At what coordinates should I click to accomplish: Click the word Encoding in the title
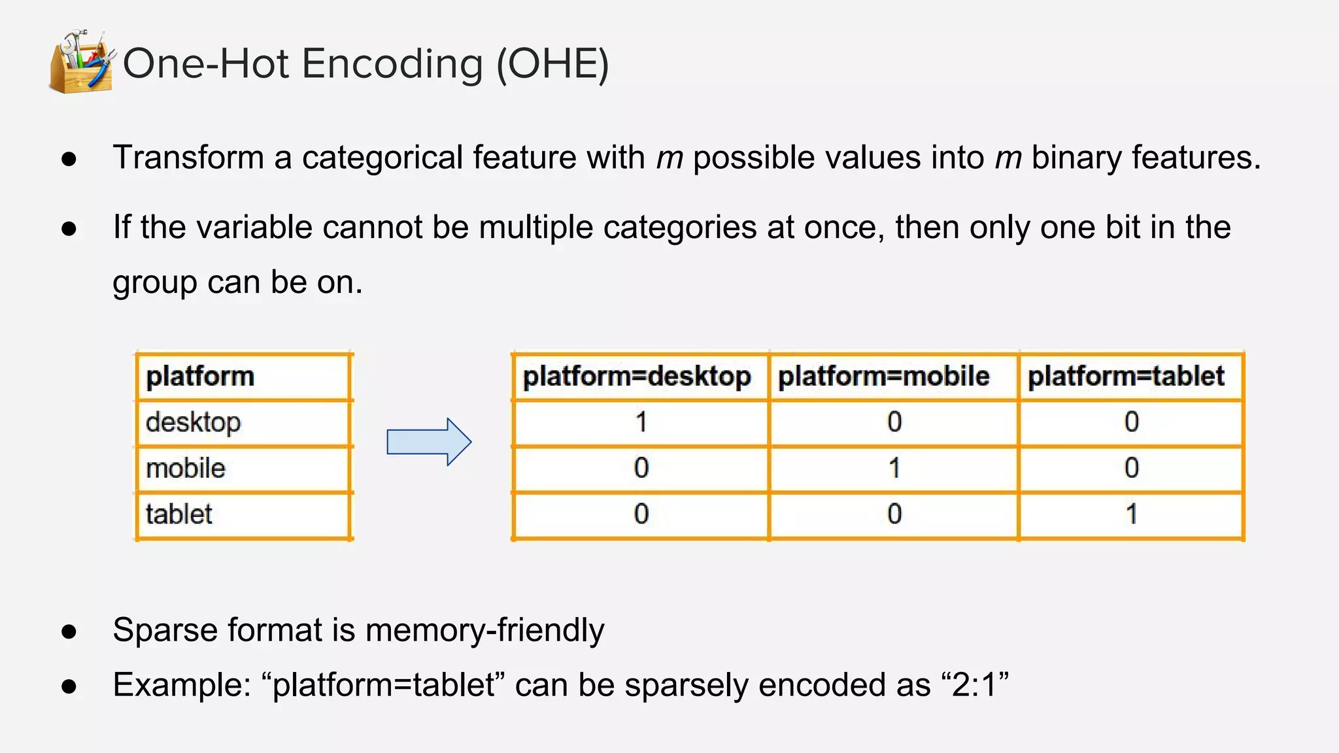392,64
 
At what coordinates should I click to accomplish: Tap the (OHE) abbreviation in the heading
552,64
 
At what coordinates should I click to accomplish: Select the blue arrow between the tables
429,442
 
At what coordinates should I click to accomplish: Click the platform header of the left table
200,376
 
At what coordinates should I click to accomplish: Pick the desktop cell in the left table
193,422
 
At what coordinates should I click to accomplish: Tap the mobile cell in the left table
186,468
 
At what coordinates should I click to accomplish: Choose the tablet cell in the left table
179,514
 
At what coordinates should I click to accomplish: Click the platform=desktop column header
637,376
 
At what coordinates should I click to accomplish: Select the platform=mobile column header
883,376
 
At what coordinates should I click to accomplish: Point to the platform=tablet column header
1126,376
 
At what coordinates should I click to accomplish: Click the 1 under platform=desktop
641,422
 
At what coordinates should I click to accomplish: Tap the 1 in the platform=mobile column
894,468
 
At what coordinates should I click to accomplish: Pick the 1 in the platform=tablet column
1132,514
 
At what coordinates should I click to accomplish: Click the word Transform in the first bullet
188,158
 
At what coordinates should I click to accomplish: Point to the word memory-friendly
484,630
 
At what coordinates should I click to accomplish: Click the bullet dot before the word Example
69,686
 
